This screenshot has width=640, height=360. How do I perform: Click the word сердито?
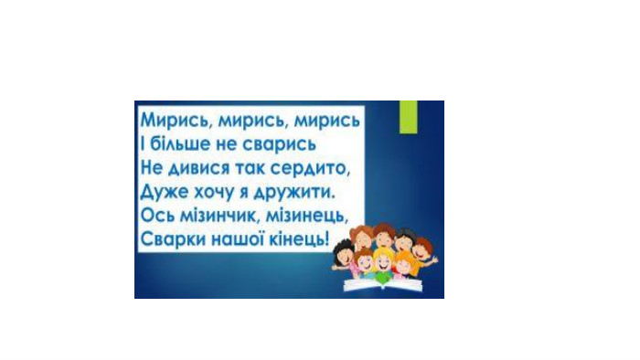[311, 168]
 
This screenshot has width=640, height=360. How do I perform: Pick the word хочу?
[214, 193]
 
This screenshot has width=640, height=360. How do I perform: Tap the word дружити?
[293, 192]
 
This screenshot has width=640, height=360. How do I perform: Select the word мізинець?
[307, 216]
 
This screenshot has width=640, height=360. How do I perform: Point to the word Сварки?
[173, 238]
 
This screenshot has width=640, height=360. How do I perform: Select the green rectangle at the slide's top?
[408, 117]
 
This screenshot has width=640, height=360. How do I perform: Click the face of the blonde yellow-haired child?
[383, 262]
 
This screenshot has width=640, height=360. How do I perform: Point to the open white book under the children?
[383, 284]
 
